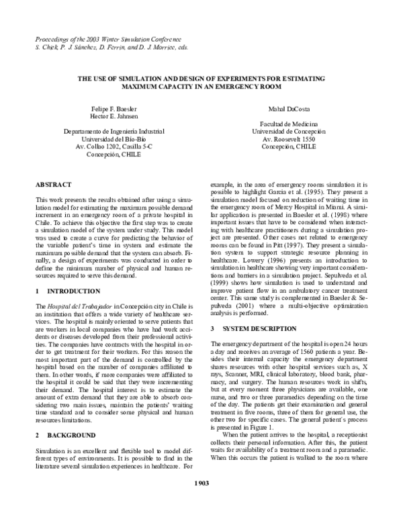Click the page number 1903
[x=201, y=501]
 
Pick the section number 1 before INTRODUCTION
[x=37, y=293]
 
